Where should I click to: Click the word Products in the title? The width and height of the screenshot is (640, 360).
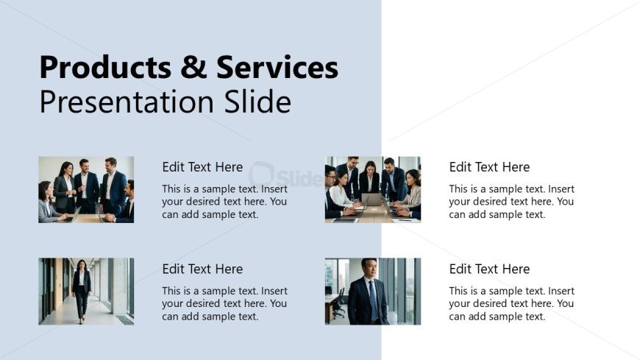tap(105, 68)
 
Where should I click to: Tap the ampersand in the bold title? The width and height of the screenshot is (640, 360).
tap(193, 67)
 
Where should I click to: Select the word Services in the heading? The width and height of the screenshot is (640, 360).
tap(277, 67)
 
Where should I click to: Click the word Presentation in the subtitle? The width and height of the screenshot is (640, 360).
tap(127, 102)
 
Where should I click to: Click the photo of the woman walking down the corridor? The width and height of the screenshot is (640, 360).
tap(86, 292)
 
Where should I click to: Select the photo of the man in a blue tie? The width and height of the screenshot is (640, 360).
tap(373, 292)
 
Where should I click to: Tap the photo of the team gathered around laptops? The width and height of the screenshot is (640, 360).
tap(373, 190)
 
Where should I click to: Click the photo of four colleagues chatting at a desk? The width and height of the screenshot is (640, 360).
tap(86, 190)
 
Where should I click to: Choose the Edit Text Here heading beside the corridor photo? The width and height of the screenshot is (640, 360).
tap(202, 269)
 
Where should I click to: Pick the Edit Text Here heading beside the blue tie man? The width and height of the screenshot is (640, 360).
tap(489, 269)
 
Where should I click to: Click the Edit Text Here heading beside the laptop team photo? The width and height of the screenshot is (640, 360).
tap(489, 166)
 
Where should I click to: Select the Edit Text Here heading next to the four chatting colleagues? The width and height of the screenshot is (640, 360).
tap(202, 166)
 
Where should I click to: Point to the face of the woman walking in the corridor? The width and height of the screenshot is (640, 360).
tap(82, 265)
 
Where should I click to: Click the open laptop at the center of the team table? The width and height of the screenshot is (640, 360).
tap(371, 200)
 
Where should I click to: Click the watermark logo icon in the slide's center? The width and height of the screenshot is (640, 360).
tap(261, 174)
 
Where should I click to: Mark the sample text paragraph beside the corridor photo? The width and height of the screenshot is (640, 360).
tap(225, 303)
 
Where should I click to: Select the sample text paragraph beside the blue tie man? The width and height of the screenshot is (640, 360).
tap(512, 303)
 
